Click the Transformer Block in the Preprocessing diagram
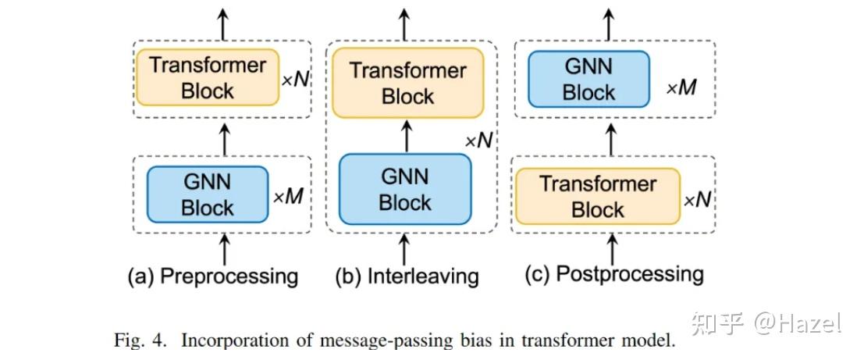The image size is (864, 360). pyautogui.click(x=207, y=77)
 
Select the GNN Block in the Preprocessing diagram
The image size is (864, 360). pyautogui.click(x=208, y=195)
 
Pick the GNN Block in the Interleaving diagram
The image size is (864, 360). pyautogui.click(x=405, y=190)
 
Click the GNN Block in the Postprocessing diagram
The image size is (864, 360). pyautogui.click(x=588, y=80)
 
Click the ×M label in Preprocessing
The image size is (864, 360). pyautogui.click(x=286, y=197)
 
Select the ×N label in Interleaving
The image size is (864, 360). pyautogui.click(x=479, y=141)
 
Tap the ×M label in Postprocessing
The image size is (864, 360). pyautogui.click(x=680, y=87)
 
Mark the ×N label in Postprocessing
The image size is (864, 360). pyautogui.click(x=699, y=199)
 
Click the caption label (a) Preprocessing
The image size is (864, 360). pyautogui.click(x=212, y=276)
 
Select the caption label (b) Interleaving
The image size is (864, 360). pyautogui.click(x=407, y=276)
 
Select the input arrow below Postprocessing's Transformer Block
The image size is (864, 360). pyautogui.click(x=612, y=248)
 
